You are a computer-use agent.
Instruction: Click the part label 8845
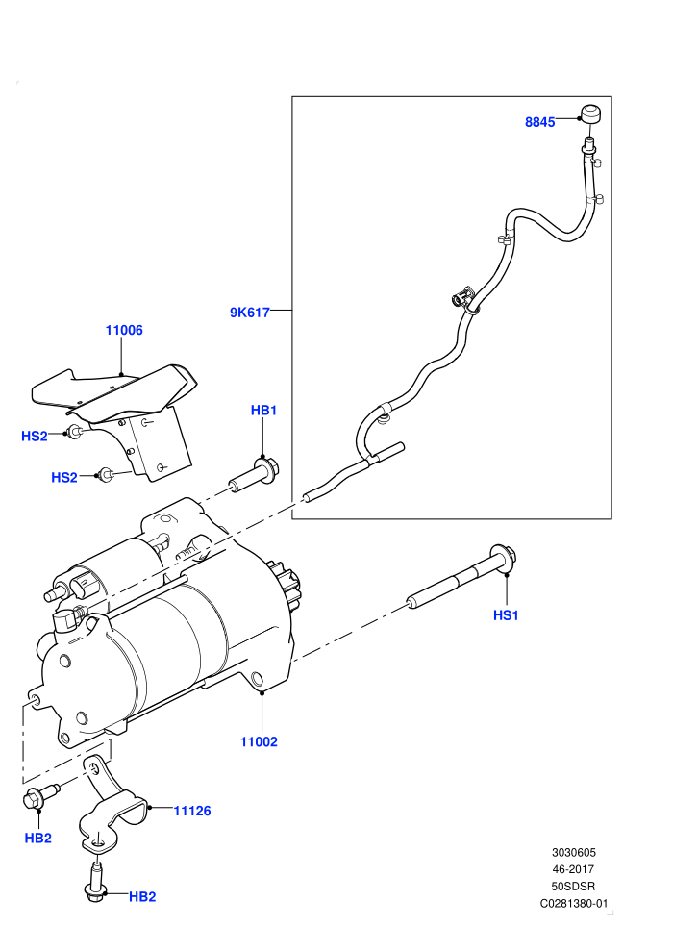click(539, 122)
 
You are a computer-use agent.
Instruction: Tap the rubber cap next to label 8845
click(590, 113)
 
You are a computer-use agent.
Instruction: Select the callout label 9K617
click(249, 313)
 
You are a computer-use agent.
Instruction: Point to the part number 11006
click(124, 330)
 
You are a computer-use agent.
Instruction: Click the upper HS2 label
click(34, 436)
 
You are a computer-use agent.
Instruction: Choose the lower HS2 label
click(64, 477)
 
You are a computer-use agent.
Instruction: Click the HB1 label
click(263, 411)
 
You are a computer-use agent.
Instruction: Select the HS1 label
click(506, 615)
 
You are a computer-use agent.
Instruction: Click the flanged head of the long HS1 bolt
click(505, 558)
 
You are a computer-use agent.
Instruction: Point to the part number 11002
click(259, 741)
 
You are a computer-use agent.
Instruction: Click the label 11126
click(191, 811)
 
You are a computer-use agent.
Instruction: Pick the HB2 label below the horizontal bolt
click(37, 838)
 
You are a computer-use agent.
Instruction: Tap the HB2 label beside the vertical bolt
click(142, 897)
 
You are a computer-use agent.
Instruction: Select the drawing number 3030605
click(573, 852)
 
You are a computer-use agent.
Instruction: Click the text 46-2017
click(573, 869)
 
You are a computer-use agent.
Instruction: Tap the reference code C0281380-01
click(573, 903)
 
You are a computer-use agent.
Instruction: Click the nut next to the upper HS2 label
click(75, 433)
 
